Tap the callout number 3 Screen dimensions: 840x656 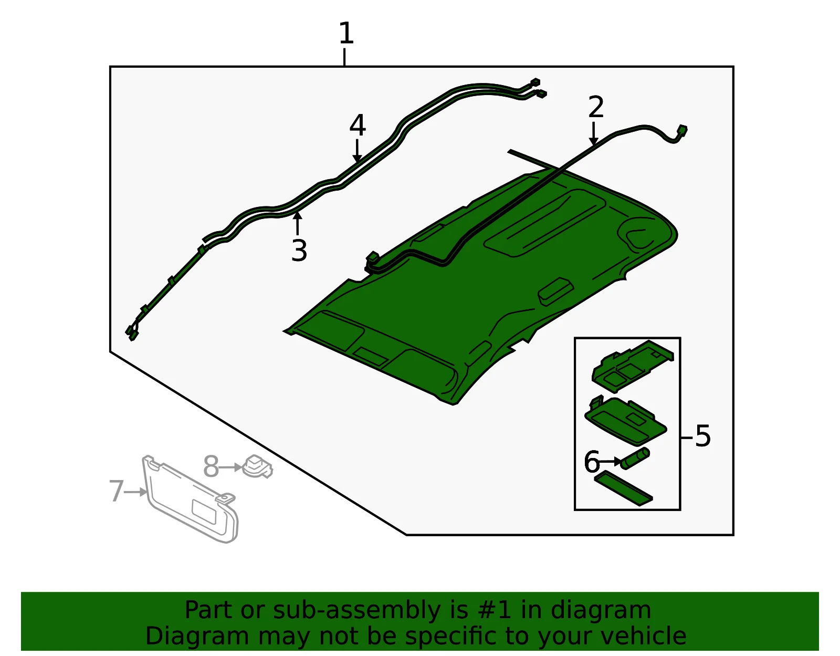tap(299, 251)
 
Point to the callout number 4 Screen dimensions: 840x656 tap(358, 125)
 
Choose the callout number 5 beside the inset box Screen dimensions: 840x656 tap(703, 436)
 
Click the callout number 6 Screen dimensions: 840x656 tap(592, 462)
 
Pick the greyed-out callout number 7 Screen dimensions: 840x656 tap(117, 491)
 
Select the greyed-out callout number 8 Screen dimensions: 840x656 tap(211, 466)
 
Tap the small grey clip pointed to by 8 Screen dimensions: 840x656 tap(257, 466)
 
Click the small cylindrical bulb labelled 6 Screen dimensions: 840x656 tap(635, 458)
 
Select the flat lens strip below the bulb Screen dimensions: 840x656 tap(624, 488)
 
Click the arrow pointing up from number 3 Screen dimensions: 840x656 tap(297, 223)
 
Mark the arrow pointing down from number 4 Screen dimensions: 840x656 tap(357, 151)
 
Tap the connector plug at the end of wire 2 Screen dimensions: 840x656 tap(682, 130)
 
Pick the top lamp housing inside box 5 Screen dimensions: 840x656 tap(633, 366)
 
